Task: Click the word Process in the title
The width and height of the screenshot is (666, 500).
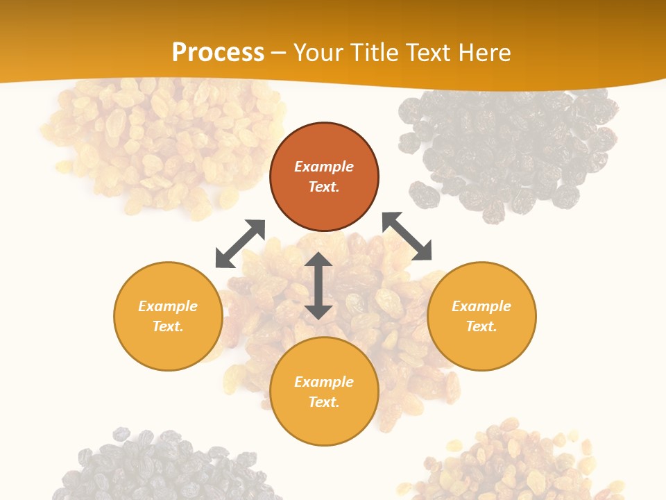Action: (218, 53)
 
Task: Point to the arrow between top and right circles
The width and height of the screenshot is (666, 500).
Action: (407, 237)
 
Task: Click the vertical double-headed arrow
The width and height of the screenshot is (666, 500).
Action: (318, 285)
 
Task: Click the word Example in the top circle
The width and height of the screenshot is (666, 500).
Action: (324, 167)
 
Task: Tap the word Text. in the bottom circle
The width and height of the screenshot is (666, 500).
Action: (324, 402)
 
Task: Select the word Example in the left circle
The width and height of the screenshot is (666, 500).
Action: (168, 306)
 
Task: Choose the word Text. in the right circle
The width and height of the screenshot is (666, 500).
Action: (481, 326)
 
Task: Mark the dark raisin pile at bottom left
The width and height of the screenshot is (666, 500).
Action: (160, 465)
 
